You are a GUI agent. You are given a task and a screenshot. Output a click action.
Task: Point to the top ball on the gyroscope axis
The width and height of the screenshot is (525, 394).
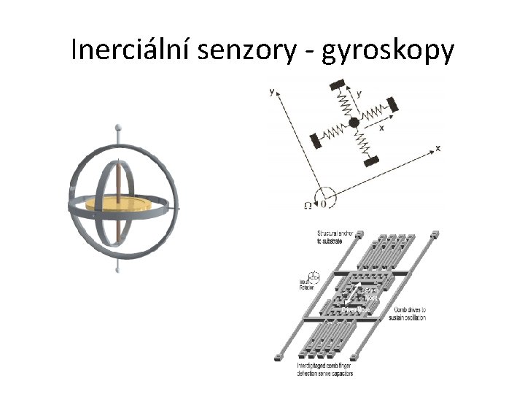[118, 128]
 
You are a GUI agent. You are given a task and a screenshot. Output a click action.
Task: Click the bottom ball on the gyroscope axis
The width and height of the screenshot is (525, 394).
[118, 270]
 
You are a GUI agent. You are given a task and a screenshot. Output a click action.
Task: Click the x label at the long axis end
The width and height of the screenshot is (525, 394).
[437, 148]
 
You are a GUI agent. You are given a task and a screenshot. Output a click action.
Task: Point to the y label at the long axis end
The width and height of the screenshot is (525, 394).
[272, 92]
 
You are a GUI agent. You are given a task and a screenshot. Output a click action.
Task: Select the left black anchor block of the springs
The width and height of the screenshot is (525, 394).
[316, 140]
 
